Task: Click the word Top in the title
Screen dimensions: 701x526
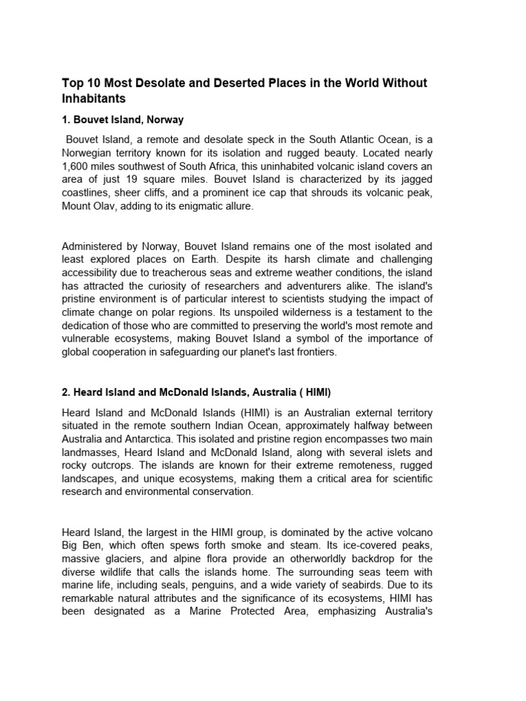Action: (x=72, y=83)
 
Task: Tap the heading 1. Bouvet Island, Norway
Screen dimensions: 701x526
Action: (x=123, y=120)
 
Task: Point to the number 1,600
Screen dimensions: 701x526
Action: (x=77, y=166)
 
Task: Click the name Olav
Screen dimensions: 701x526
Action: (x=105, y=205)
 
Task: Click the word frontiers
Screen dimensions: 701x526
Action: (x=316, y=352)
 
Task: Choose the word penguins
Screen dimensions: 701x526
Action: (x=237, y=585)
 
